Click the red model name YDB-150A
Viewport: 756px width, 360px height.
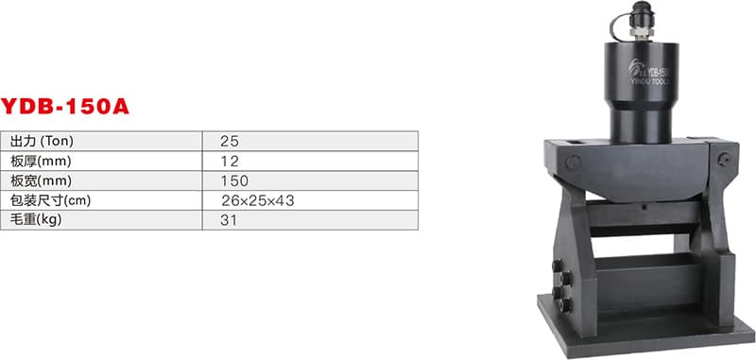[64, 107]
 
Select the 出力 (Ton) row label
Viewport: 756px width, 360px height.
[42, 141]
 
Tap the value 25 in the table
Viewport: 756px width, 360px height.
[230, 141]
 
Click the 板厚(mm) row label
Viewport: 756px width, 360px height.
[41, 161]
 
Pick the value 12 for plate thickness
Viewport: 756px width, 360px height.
[230, 161]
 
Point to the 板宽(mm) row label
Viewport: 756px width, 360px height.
[41, 180]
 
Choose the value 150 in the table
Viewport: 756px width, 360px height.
[234, 180]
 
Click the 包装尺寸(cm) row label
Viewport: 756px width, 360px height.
[51, 200]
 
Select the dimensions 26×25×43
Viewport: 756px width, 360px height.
[257, 200]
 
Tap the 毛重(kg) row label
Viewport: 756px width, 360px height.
[36, 220]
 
